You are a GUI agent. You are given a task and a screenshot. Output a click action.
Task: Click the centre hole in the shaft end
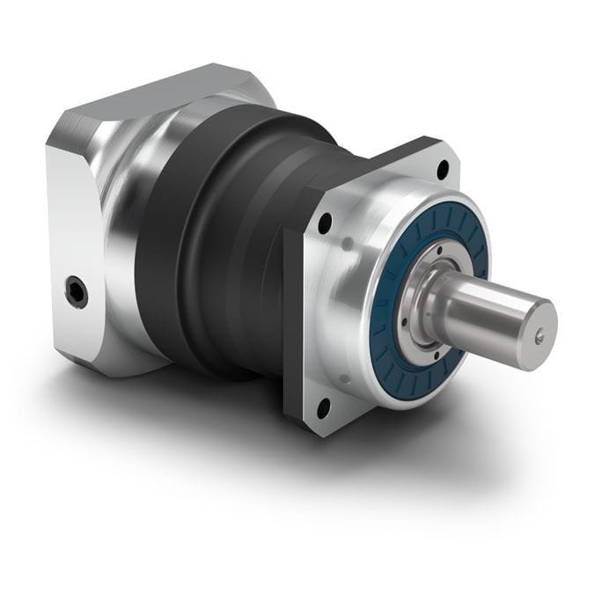[539, 335]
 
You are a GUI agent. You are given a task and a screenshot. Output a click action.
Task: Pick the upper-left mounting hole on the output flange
[326, 224]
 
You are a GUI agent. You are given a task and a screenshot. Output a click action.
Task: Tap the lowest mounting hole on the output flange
[323, 407]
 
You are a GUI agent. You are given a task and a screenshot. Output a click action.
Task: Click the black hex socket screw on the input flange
[77, 291]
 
